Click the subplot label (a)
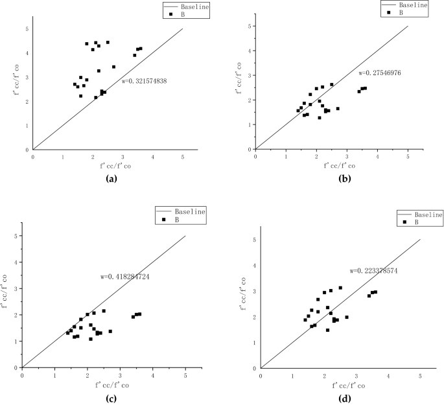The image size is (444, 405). pyautogui.click(x=108, y=179)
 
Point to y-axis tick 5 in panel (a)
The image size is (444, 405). pyautogui.click(x=26, y=29)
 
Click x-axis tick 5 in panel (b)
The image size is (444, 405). pyautogui.click(x=407, y=156)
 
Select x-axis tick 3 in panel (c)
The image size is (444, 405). pyautogui.click(x=120, y=374)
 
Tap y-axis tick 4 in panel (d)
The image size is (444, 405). pyautogui.click(x=253, y=264)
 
